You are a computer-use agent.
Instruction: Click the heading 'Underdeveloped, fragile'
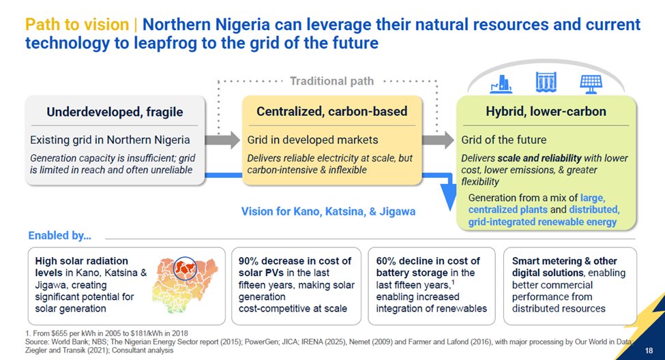(115, 112)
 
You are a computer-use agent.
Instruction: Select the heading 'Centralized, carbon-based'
(331, 111)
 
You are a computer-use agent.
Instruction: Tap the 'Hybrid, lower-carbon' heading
(545, 112)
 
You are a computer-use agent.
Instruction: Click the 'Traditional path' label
(331, 81)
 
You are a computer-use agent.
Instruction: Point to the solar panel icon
(590, 83)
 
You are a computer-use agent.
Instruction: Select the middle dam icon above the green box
(546, 83)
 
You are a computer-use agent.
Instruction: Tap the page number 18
(648, 350)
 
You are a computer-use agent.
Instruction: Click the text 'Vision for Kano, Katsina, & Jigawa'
(328, 211)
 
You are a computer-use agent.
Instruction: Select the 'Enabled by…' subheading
(60, 236)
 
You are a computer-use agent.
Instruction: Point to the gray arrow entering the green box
(437, 140)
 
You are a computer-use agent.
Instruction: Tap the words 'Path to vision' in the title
(77, 25)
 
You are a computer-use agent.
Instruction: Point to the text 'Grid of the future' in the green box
(503, 140)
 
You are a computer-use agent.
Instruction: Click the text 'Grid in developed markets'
(312, 140)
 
